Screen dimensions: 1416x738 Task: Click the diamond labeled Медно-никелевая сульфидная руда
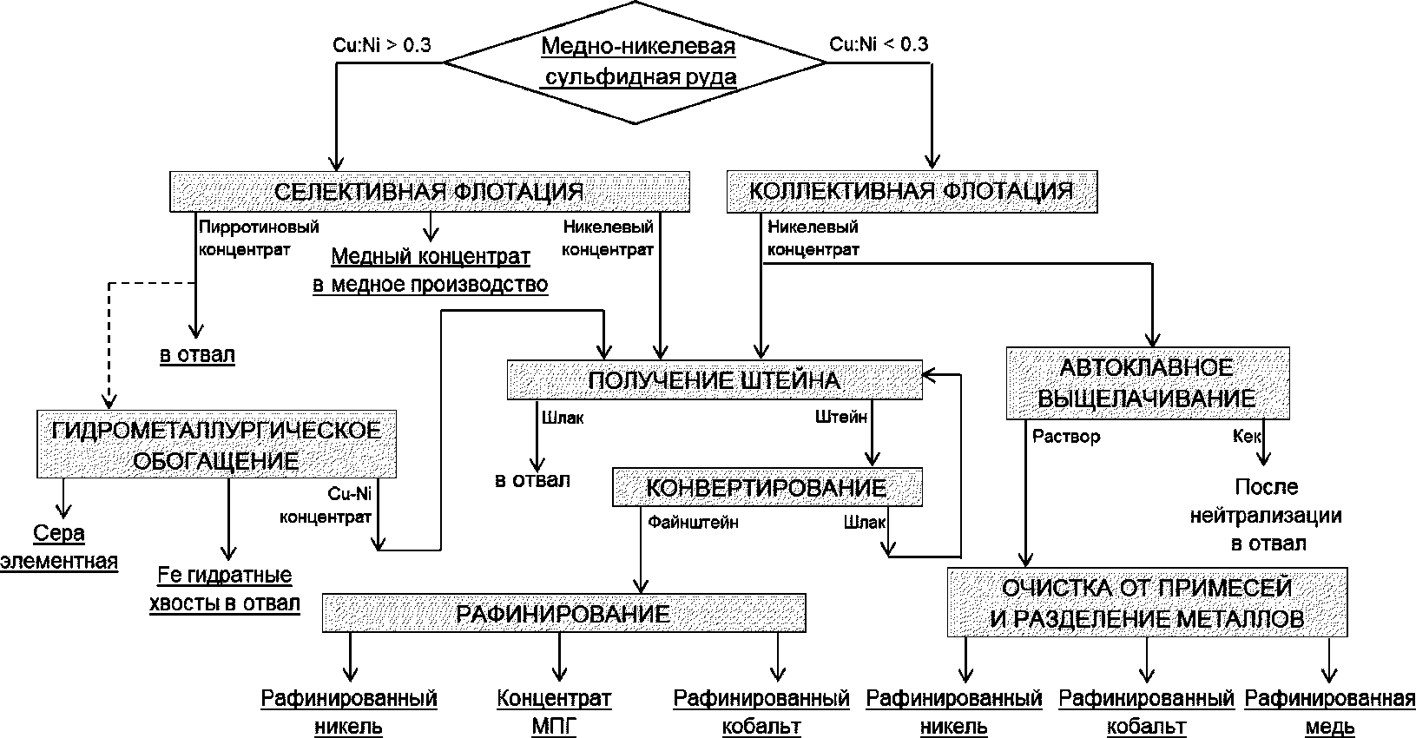[x=635, y=63]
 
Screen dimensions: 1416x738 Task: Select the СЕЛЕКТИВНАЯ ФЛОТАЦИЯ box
[x=429, y=191]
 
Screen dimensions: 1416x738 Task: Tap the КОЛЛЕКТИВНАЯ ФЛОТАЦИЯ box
[x=912, y=191]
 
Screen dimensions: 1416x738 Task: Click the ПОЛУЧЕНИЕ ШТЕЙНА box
[x=715, y=380]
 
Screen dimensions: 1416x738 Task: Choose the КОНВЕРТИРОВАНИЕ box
[x=767, y=487]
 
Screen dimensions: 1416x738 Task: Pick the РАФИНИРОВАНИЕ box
[x=563, y=613]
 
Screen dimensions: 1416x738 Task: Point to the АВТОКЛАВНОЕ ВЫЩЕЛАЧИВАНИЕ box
[x=1148, y=383]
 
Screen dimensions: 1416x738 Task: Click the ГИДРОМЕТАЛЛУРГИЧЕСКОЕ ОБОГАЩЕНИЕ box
[x=216, y=444]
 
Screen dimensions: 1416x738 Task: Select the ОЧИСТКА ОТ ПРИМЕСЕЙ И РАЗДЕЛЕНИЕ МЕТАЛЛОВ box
[x=1147, y=602]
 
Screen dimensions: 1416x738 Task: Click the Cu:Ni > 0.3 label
[x=382, y=45]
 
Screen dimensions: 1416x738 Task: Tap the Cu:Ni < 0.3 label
[x=879, y=44]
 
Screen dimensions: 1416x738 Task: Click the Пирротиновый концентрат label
[x=259, y=238]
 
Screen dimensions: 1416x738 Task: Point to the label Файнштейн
[x=693, y=523]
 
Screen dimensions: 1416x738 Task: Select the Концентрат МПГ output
[x=554, y=712]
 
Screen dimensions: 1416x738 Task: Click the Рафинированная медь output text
[x=1329, y=712]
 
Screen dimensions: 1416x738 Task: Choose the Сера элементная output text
[x=59, y=547]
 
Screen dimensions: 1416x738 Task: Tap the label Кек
[x=1247, y=437]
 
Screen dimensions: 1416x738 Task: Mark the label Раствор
[x=1066, y=437]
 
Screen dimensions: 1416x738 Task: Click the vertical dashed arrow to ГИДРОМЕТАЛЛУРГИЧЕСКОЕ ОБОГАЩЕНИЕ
[x=109, y=346]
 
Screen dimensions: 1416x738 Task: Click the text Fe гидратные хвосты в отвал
[x=224, y=589]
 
